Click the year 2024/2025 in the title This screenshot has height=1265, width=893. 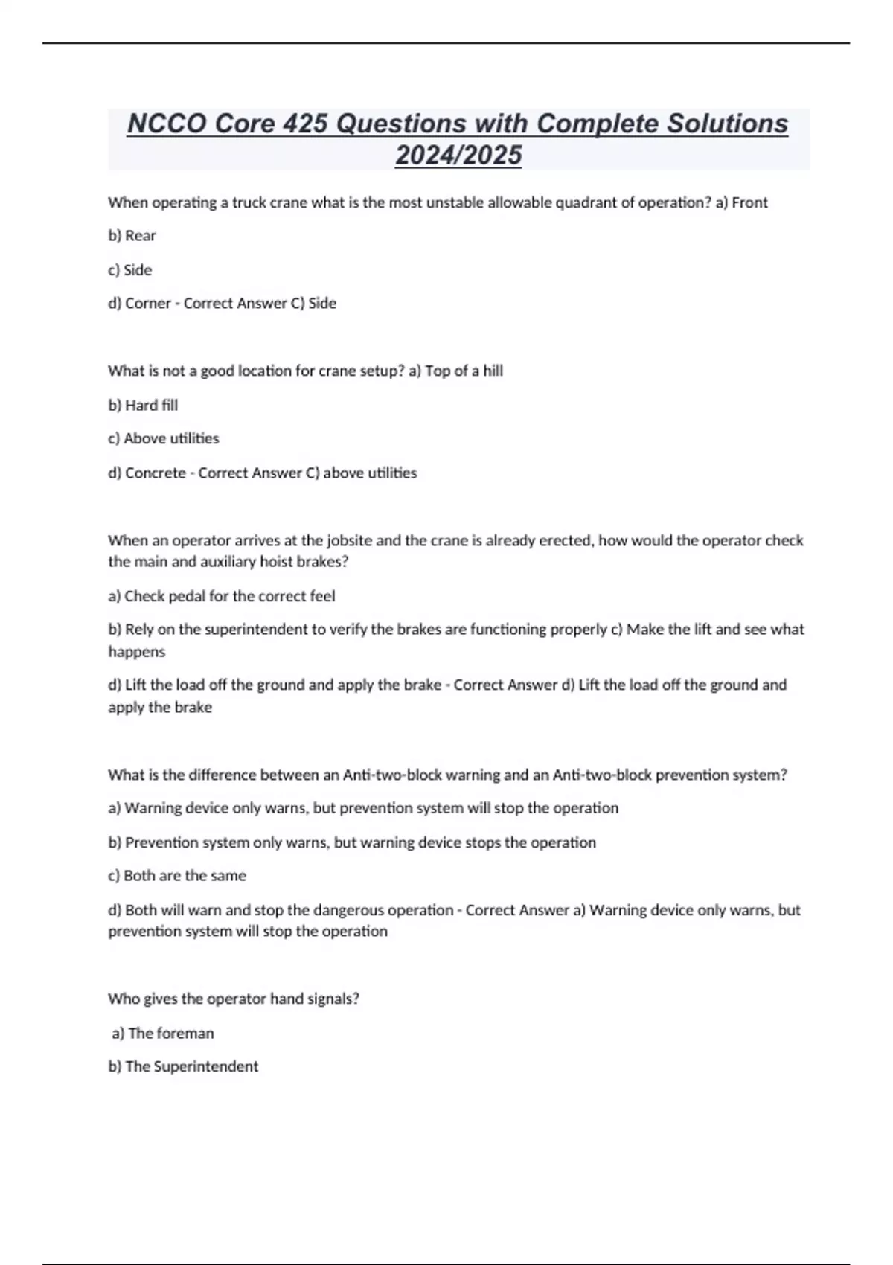pyautogui.click(x=458, y=155)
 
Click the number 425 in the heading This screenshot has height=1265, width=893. pyautogui.click(x=305, y=124)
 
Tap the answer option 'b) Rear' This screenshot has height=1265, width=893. pyautogui.click(x=132, y=236)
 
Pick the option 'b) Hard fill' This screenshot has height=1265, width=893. pyautogui.click(x=143, y=406)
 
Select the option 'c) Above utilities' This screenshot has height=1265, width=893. pyautogui.click(x=164, y=438)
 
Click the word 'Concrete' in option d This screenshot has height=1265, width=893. pyautogui.click(x=156, y=473)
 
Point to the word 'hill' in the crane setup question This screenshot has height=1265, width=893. pyautogui.click(x=493, y=371)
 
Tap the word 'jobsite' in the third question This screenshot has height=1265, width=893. pyautogui.click(x=349, y=540)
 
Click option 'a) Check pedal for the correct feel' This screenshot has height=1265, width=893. pyautogui.click(x=222, y=596)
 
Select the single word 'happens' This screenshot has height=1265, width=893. pyautogui.click(x=136, y=652)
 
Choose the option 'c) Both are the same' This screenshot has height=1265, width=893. pyautogui.click(x=177, y=876)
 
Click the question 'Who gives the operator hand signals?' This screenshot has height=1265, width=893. pyautogui.click(x=234, y=999)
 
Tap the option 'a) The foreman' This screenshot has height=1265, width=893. pyautogui.click(x=163, y=1033)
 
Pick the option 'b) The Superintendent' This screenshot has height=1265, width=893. pyautogui.click(x=183, y=1066)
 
